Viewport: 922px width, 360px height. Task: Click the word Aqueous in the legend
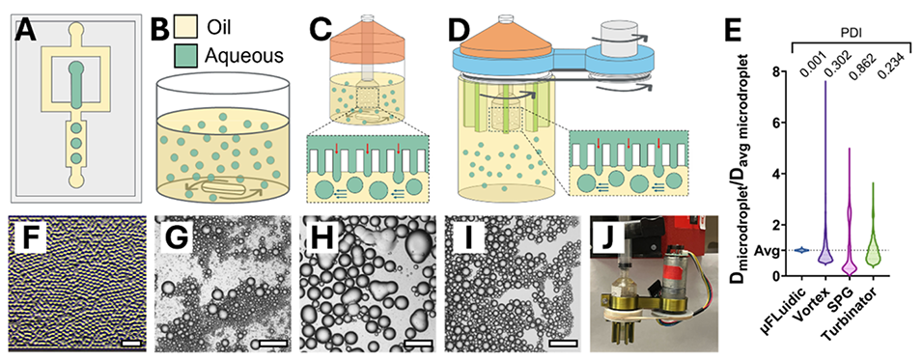244,55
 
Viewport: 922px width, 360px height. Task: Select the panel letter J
608,235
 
